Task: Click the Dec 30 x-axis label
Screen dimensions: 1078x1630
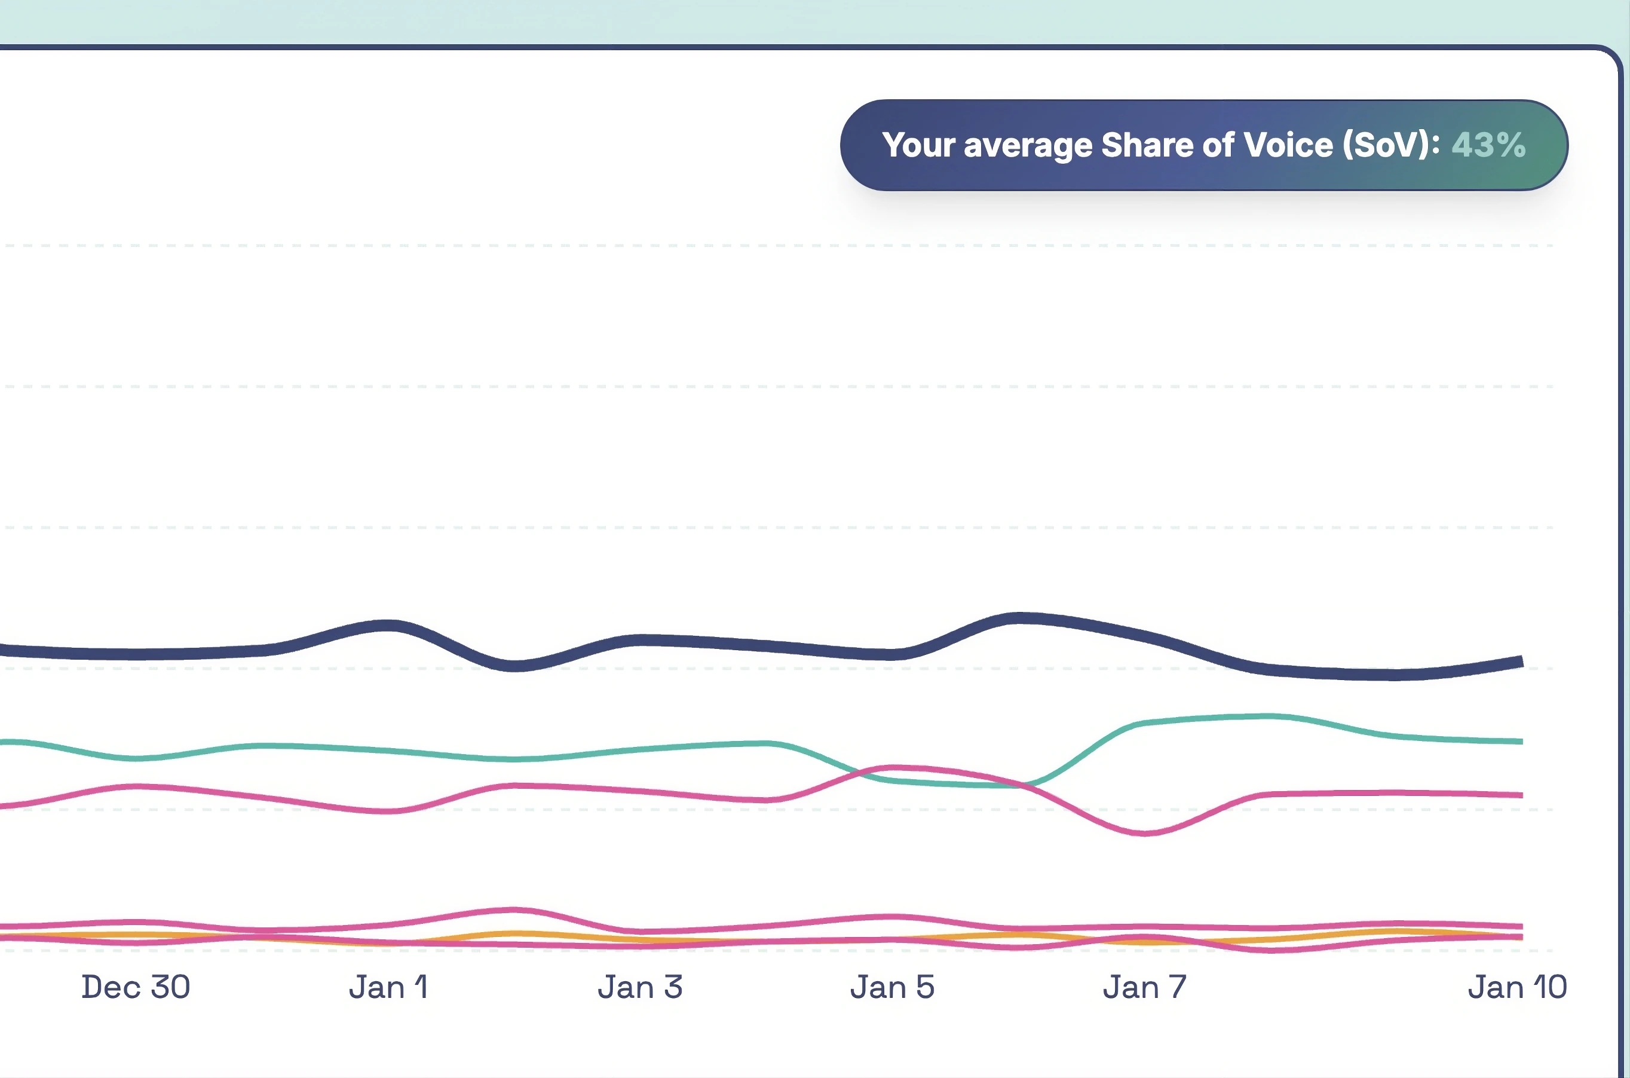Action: pyautogui.click(x=136, y=987)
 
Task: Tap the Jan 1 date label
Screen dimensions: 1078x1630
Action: pyautogui.click(x=388, y=987)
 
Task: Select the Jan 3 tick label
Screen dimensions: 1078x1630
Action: pyautogui.click(x=640, y=987)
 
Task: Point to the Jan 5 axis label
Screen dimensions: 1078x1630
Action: pyautogui.click(x=892, y=987)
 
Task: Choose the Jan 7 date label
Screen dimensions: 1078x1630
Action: pyautogui.click(x=1145, y=987)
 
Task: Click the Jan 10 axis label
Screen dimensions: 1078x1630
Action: pyautogui.click(x=1517, y=987)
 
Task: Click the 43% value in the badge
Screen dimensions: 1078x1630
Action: pyautogui.click(x=1488, y=145)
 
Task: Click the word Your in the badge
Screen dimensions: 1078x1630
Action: pyautogui.click(x=918, y=145)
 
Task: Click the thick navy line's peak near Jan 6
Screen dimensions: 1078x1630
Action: pyautogui.click(x=1021, y=618)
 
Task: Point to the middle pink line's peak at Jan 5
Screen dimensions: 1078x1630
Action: pyautogui.click(x=892, y=767)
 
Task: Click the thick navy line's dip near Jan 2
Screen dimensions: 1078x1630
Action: pyautogui.click(x=515, y=666)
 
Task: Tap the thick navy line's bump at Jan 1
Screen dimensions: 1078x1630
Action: pyautogui.click(x=388, y=626)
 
